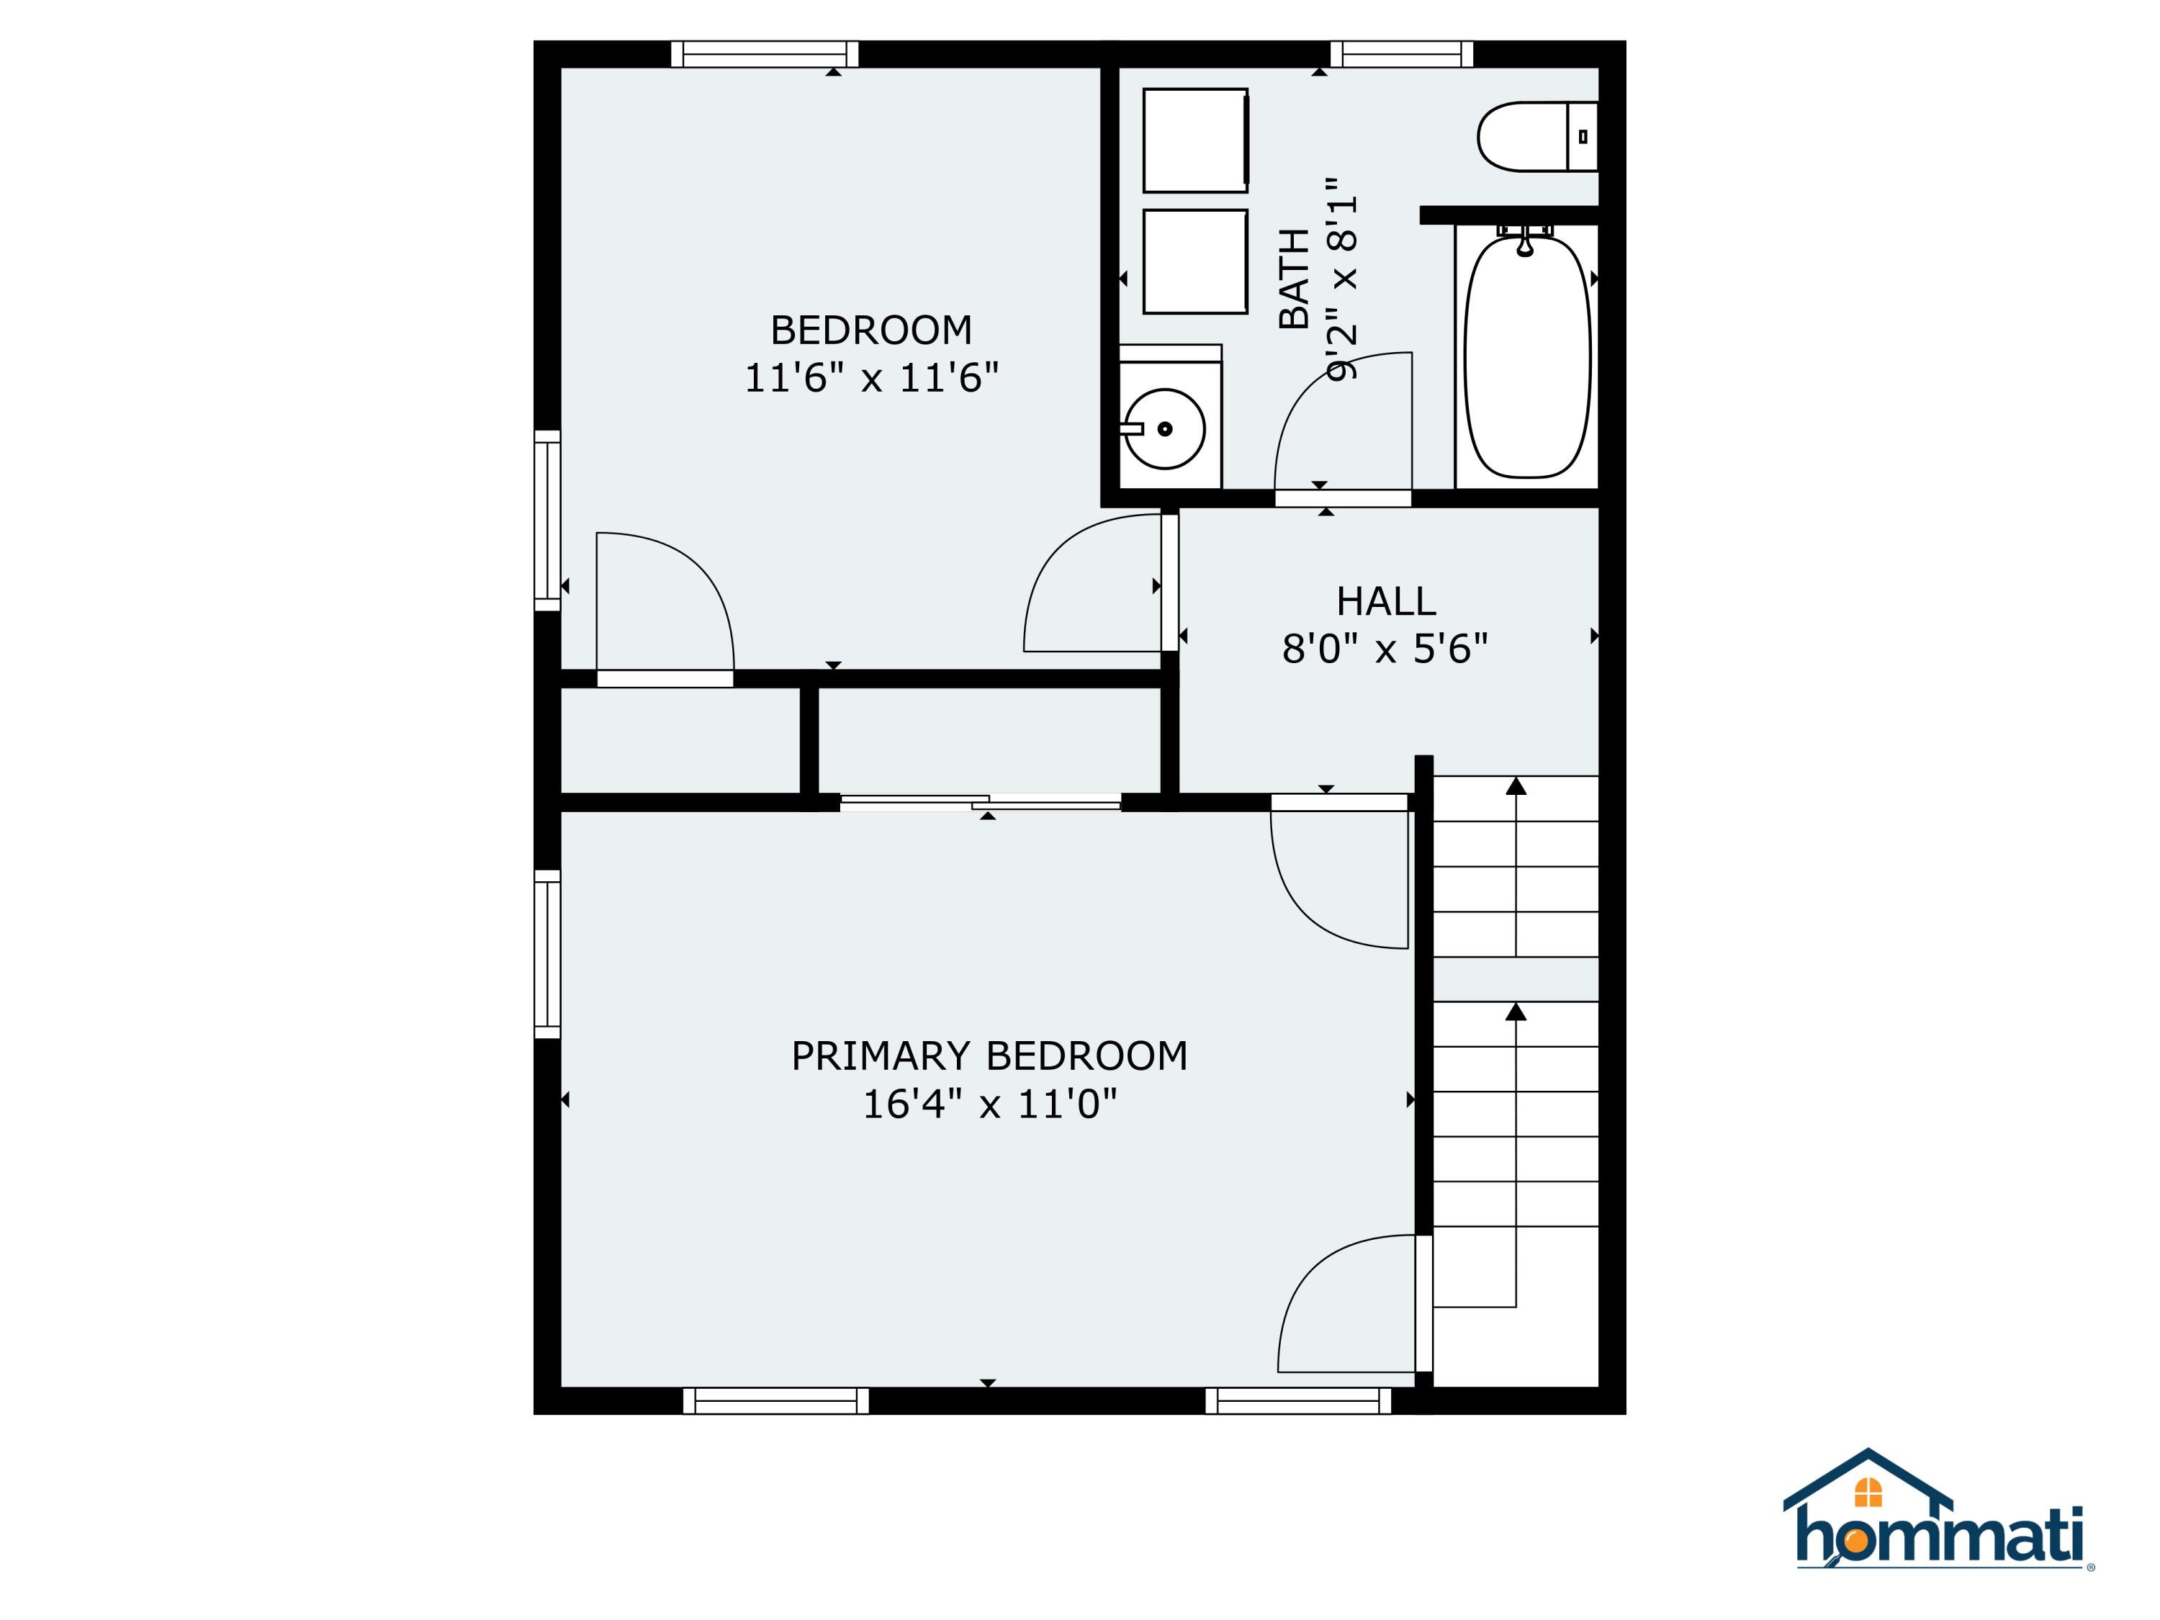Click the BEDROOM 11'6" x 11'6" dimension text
pyautogui.click(x=871, y=378)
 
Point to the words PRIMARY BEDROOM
pyautogui.click(x=989, y=1056)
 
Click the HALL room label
pyautogui.click(x=1386, y=601)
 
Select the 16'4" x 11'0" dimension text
pyautogui.click(x=989, y=1104)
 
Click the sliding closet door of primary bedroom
pyautogui.click(x=981, y=803)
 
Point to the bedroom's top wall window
pyautogui.click(x=765, y=54)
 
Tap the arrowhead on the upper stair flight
pyautogui.click(x=1516, y=786)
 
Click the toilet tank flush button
pyautogui.click(x=1583, y=137)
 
